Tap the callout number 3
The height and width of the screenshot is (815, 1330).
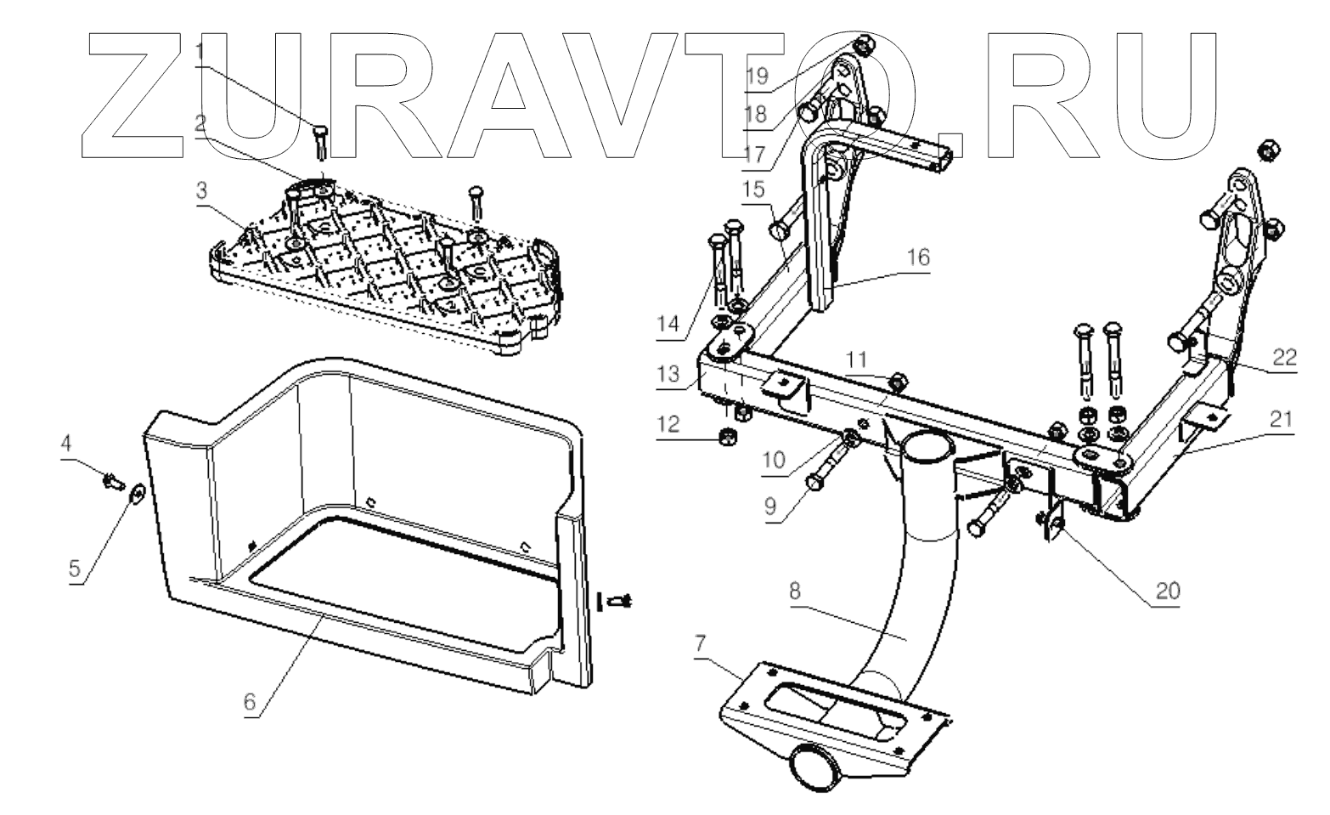[201, 190]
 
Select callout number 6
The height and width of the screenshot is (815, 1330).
[250, 703]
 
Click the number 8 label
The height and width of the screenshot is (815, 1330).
[794, 591]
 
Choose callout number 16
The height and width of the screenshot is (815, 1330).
[918, 257]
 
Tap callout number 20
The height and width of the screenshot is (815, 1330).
[1168, 591]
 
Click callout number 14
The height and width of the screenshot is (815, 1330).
[668, 323]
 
